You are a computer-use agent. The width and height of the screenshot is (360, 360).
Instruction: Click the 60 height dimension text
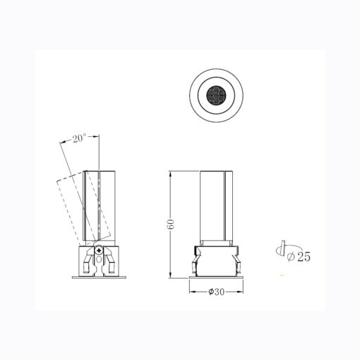(171, 224)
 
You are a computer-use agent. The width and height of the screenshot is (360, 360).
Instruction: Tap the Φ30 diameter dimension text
(216, 292)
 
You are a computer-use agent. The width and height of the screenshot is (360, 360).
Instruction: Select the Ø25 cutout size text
(299, 256)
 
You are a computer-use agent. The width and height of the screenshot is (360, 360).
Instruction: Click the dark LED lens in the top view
(216, 95)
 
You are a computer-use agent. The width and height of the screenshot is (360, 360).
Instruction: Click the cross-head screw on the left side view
(99, 250)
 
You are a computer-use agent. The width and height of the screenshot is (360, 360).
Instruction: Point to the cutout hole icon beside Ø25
(281, 249)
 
